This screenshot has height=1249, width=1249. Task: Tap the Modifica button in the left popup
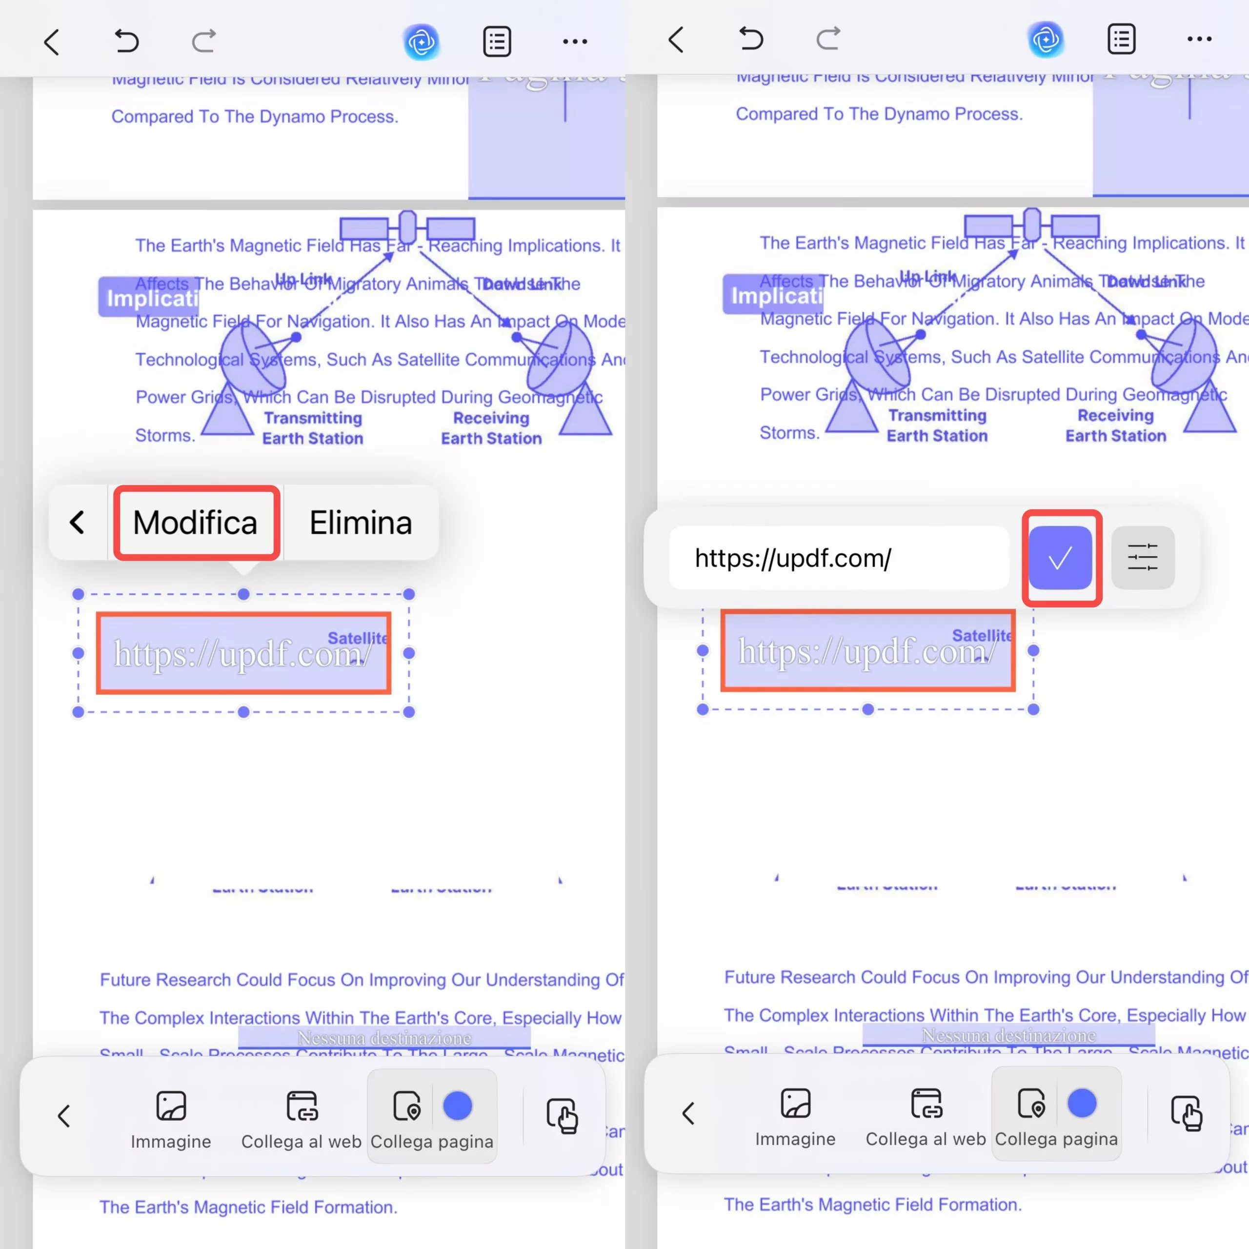click(196, 523)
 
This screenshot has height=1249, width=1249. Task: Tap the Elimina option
click(360, 523)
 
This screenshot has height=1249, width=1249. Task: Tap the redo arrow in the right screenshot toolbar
click(828, 39)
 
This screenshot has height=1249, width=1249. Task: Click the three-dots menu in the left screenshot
click(574, 41)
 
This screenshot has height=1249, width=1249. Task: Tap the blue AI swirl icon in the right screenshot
click(1046, 40)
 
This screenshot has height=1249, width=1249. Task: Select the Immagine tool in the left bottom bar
click(171, 1118)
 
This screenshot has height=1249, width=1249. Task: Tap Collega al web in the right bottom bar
click(925, 1116)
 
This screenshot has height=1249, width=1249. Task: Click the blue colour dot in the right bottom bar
click(1082, 1103)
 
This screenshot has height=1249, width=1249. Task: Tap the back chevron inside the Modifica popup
click(78, 523)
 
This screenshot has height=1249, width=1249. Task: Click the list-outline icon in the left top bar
click(497, 41)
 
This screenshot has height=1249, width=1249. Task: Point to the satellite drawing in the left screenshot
click(407, 227)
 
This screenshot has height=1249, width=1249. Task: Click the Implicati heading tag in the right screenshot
click(772, 295)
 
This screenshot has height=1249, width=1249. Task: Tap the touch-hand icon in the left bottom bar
click(562, 1115)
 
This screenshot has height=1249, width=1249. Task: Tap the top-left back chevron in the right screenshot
click(676, 40)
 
